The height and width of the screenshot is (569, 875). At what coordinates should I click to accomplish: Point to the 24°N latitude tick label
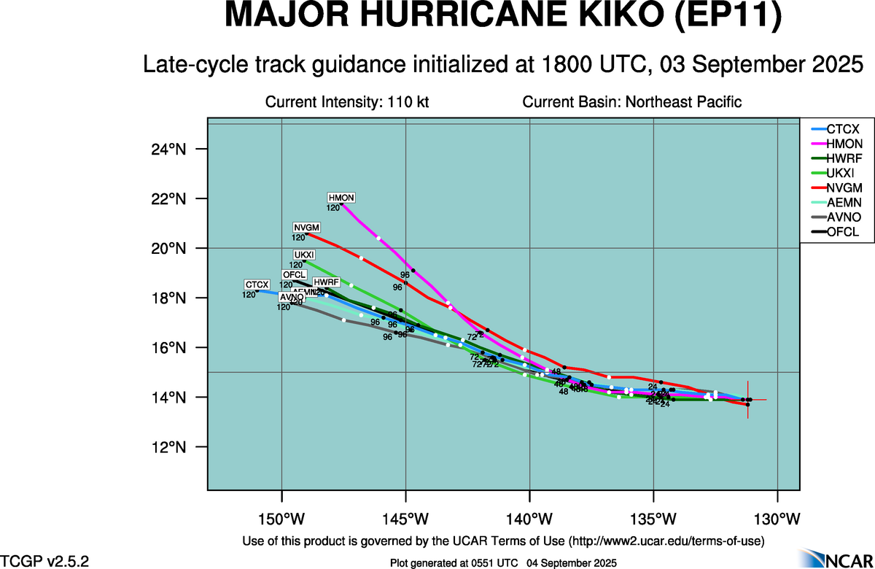click(x=171, y=150)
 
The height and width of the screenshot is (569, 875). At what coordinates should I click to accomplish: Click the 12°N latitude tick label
click(x=171, y=447)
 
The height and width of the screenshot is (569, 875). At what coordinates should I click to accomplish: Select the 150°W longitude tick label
click(x=282, y=519)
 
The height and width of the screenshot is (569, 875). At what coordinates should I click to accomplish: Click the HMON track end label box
click(x=341, y=198)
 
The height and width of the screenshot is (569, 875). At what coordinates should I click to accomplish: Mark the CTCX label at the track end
click(x=257, y=284)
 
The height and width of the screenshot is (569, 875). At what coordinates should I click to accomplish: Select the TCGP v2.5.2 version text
click(x=45, y=560)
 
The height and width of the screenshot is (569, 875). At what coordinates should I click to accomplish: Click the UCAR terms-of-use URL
click(x=666, y=541)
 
